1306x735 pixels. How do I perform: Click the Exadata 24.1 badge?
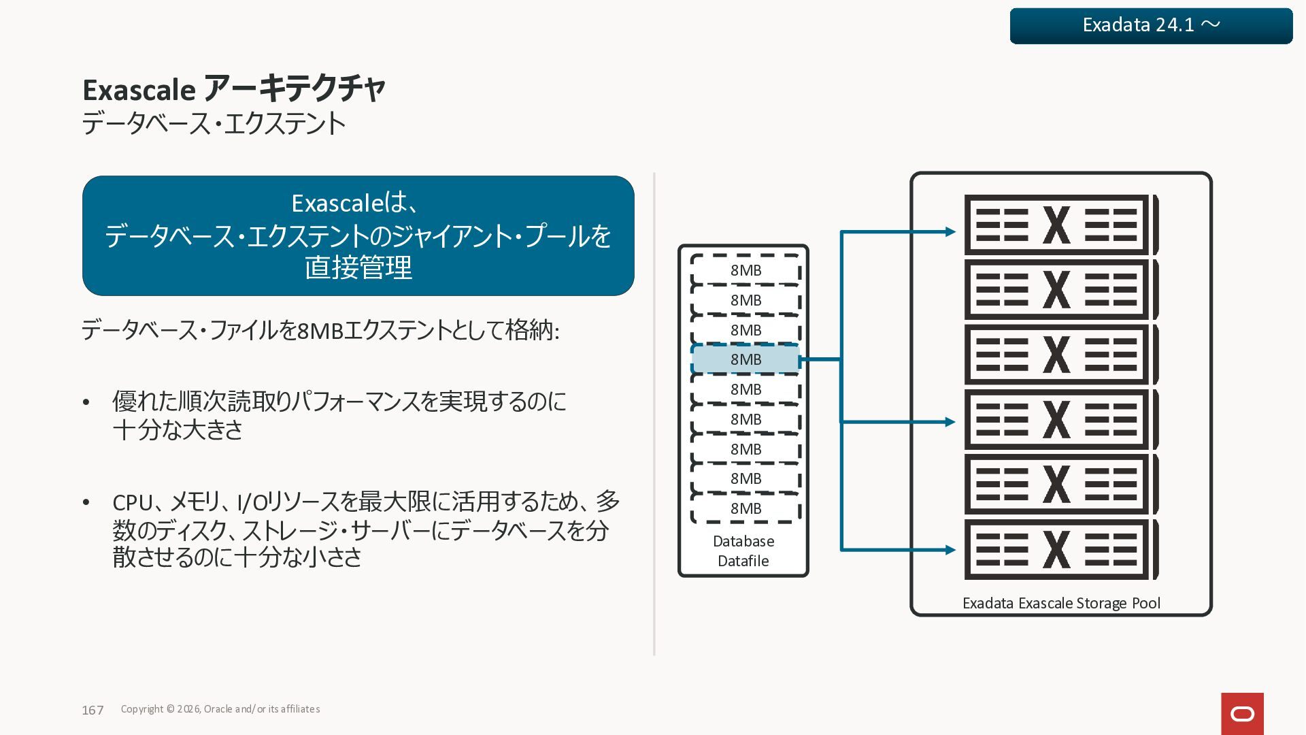[1151, 26]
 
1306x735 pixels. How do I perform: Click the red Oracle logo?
[1242, 713]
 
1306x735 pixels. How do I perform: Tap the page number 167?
[93, 710]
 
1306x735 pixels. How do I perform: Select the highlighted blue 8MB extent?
[746, 359]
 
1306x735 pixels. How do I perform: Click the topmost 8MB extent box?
[746, 270]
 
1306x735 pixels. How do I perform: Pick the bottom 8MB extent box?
[746, 508]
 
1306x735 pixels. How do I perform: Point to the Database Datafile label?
[743, 551]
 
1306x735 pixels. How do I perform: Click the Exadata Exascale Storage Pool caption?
[1061, 603]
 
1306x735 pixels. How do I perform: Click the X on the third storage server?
[1056, 355]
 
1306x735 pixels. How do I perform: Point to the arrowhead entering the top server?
[950, 232]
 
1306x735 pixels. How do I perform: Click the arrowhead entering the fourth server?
[950, 422]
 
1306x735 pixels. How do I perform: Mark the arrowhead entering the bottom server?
[950, 550]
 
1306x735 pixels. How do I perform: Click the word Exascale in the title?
[139, 90]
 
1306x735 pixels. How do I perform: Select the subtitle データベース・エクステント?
[214, 124]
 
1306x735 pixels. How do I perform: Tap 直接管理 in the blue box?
[358, 267]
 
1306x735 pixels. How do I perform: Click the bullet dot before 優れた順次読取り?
[86, 403]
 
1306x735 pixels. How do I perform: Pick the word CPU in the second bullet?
[133, 502]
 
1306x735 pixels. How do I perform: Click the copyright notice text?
[220, 709]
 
